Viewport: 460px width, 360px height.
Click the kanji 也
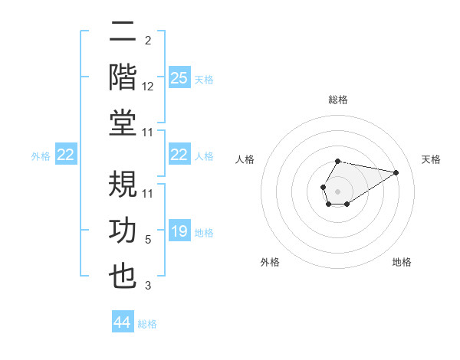[123, 277]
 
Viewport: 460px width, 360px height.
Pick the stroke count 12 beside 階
[148, 87]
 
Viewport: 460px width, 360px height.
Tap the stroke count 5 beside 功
[148, 240]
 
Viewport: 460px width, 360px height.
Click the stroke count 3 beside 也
[148, 286]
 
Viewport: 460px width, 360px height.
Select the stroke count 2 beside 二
[148, 41]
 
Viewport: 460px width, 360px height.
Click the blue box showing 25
[179, 78]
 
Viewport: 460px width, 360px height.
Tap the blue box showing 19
[179, 231]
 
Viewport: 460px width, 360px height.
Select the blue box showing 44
[123, 322]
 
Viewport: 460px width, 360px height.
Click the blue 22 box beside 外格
[66, 155]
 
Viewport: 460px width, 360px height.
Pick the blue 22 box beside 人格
[179, 155]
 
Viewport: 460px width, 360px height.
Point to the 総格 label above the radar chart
[337, 100]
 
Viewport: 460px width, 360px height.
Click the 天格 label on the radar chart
[432, 159]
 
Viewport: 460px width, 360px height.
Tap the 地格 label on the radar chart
[402, 262]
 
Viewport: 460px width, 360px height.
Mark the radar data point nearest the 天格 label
[396, 172]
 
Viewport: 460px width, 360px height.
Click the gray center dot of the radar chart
[337, 191]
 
